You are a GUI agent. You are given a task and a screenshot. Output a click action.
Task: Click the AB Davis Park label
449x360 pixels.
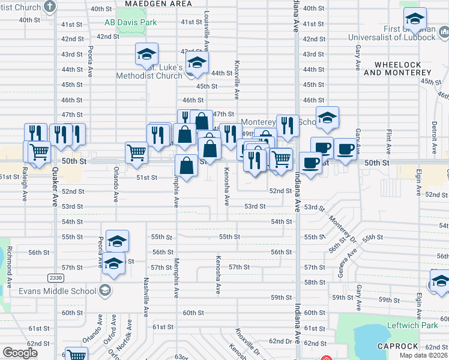pos(130,23)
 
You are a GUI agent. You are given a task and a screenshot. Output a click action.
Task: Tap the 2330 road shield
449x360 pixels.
pos(55,277)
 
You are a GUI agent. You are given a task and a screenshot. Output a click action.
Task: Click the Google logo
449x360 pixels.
pos(20,353)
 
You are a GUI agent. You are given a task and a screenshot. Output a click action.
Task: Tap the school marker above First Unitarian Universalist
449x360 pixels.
pos(415,19)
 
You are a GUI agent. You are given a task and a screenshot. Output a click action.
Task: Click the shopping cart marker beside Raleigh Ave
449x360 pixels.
pos(38,152)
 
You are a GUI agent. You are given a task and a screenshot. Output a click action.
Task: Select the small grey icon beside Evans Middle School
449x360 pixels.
pos(104,292)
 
